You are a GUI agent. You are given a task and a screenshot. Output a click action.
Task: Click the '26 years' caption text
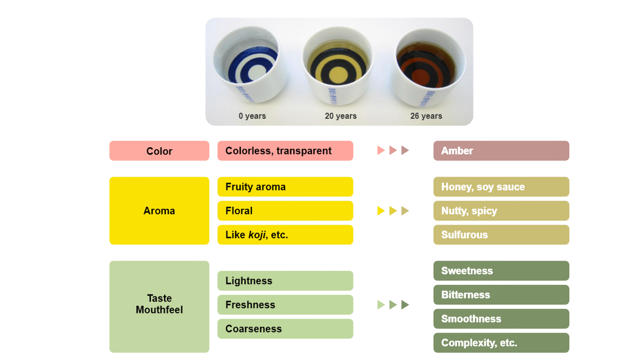[425, 116]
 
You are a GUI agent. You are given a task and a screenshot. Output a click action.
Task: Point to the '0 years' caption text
[252, 116]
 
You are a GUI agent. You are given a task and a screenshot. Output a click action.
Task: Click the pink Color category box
[159, 151]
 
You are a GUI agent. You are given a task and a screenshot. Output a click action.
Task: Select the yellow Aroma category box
[159, 211]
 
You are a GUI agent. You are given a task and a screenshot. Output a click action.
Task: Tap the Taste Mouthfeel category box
[159, 306]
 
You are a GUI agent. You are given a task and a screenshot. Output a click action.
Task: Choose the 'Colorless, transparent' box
[285, 151]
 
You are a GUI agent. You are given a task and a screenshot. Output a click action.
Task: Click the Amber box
[501, 151]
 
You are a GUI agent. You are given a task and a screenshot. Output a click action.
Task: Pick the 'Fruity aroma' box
[285, 187]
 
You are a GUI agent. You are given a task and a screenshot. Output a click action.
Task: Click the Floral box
[285, 211]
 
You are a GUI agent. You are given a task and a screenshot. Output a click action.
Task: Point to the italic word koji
[257, 235]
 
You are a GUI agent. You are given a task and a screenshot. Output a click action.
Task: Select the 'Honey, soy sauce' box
[501, 187]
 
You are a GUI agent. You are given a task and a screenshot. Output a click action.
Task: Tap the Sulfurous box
[501, 235]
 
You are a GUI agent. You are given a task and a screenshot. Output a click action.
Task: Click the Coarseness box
[285, 329]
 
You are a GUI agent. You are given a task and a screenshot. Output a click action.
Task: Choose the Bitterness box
[501, 295]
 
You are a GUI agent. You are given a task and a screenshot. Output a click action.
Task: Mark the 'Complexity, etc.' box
[501, 343]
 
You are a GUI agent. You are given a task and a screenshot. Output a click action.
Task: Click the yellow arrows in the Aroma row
[393, 211]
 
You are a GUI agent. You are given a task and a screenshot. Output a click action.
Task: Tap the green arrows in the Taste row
[393, 305]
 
